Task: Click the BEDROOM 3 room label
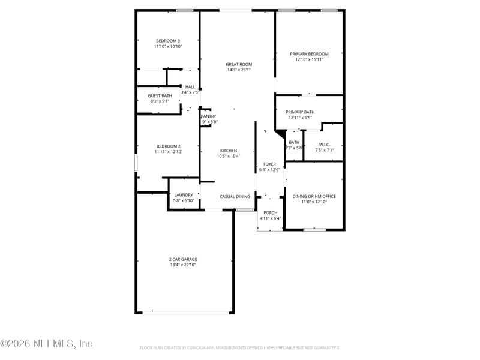pos(167,41)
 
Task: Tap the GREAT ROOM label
pos(239,64)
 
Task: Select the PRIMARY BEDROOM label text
pos(309,54)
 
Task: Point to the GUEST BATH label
pos(160,95)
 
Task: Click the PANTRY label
pos(209,116)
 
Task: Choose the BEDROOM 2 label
pos(169,146)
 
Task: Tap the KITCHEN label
pos(228,151)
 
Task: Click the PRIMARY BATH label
pos(300,112)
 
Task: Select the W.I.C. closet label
pos(324,144)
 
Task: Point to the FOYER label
pos(269,164)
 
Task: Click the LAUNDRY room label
pos(184,195)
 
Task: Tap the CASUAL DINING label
pos(235,196)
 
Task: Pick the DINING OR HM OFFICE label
pos(314,196)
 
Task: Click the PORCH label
pos(270,212)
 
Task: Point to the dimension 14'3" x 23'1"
pos(239,70)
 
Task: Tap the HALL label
pos(190,87)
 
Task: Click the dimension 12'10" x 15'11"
pos(309,59)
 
